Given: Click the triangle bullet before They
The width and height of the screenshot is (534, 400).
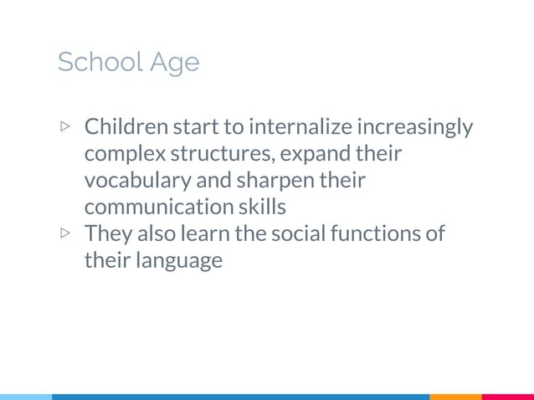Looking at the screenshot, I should (65, 233).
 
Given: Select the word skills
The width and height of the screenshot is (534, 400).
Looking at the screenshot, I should (258, 207).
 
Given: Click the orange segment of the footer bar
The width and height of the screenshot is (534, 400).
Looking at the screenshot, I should (455, 397).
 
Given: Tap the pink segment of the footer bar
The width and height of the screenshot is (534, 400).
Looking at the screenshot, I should (507, 397).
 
